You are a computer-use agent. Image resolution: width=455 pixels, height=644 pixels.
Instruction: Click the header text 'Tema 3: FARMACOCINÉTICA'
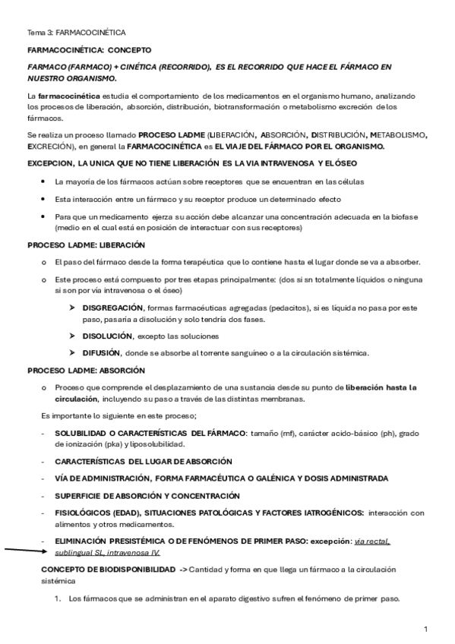(x=77, y=33)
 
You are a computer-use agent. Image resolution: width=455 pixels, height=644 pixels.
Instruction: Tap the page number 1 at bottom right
(x=426, y=629)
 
